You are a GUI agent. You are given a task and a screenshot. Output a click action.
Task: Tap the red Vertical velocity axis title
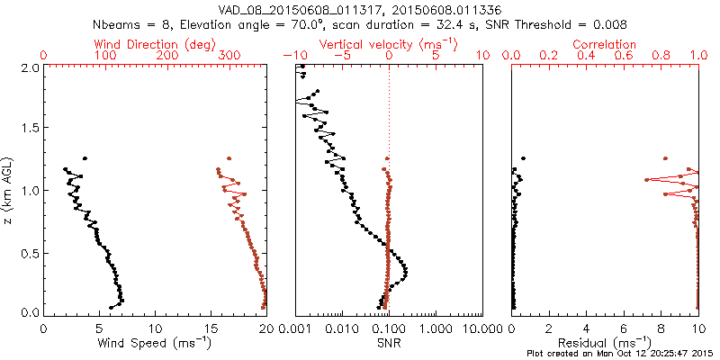[x=388, y=43]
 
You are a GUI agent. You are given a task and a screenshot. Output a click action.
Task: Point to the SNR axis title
[x=388, y=342]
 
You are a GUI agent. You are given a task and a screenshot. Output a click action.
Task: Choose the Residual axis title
[x=605, y=342]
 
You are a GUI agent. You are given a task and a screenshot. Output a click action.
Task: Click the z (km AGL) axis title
[x=10, y=189]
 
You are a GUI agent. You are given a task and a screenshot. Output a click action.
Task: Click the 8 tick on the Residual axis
[x=661, y=328]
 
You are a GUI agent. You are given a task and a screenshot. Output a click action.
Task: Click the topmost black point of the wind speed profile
[x=85, y=158]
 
